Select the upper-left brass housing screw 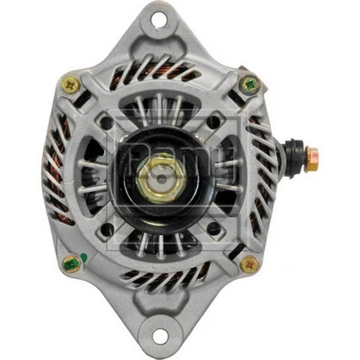click(x=71, y=85)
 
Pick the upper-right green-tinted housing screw click(x=248, y=85)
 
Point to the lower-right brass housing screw click(x=249, y=264)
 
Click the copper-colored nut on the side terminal click(x=310, y=157)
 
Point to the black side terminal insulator click(x=291, y=156)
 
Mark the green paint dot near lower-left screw click(x=83, y=257)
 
